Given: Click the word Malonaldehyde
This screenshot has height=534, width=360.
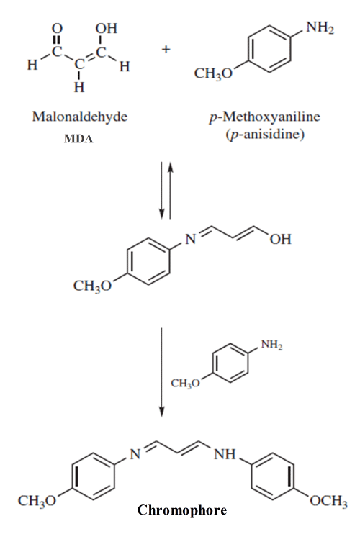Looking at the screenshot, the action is tap(80, 117).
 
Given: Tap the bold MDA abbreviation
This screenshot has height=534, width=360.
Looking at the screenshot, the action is tap(78, 139).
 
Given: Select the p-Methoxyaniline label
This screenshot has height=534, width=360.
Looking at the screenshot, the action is tap(265, 117).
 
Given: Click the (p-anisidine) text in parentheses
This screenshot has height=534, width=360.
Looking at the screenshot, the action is tap(265, 134).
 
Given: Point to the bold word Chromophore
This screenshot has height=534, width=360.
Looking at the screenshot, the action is tap(182, 510).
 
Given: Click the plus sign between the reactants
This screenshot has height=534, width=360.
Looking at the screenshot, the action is tap(166, 50).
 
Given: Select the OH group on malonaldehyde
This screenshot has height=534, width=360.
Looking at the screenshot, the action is tap(106, 28).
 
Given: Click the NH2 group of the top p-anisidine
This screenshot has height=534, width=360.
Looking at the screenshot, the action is tap(320, 27).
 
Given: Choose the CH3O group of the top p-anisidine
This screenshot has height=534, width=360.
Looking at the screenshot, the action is tap(213, 73).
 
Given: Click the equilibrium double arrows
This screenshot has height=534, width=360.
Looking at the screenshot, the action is tap(166, 191).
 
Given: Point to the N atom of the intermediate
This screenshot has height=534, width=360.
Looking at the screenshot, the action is tap(190, 240).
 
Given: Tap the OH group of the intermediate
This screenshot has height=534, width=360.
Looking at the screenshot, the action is tap(281, 240).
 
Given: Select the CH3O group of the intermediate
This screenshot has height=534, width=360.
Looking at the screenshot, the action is tap(92, 286).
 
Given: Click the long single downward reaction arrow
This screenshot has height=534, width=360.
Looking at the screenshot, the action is tap(162, 372).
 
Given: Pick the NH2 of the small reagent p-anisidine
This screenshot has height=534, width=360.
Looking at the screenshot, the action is tap(271, 345).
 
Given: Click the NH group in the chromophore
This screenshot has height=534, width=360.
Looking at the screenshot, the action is tap(225, 454).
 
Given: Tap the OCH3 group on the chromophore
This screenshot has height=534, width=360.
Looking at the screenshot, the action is tap(328, 502).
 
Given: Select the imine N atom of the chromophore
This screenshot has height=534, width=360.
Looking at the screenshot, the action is tap(135, 454).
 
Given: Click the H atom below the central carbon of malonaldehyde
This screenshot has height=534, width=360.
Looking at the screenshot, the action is tap(79, 88).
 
